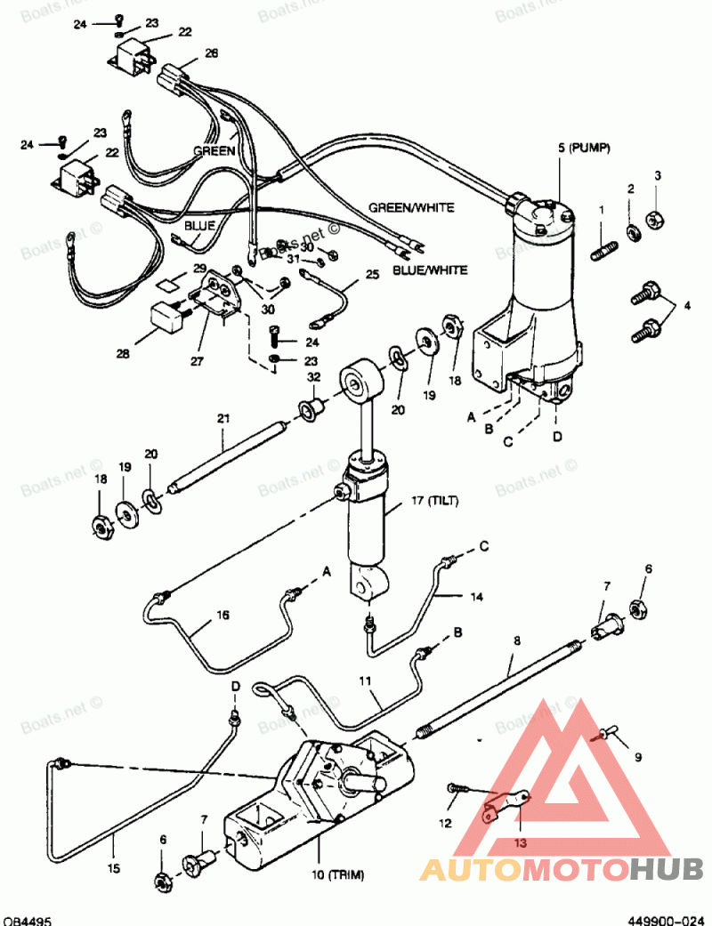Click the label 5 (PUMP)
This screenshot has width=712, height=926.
tap(584, 148)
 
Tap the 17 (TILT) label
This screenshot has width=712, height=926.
tap(435, 501)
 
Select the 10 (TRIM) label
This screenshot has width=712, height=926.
tap(338, 874)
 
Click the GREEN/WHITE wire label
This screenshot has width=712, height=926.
tap(411, 208)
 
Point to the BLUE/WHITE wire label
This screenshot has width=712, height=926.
tap(430, 270)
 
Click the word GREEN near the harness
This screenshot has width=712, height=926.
tap(214, 151)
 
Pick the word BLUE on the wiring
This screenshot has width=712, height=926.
tap(199, 226)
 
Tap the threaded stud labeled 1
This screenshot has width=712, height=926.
tap(604, 250)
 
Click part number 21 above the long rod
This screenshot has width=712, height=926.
tap(223, 419)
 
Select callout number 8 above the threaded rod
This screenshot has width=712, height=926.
tap(517, 640)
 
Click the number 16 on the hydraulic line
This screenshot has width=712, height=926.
tap(222, 615)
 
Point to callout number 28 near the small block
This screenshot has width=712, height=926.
tap(123, 354)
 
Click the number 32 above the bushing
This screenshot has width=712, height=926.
tap(314, 377)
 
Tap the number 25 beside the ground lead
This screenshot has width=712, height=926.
tap(372, 275)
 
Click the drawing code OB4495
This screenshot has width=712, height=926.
tap(27, 921)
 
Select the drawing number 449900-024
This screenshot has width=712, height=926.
tap(666, 921)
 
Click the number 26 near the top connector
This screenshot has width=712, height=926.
tap(211, 53)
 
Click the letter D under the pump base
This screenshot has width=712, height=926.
tap(557, 437)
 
